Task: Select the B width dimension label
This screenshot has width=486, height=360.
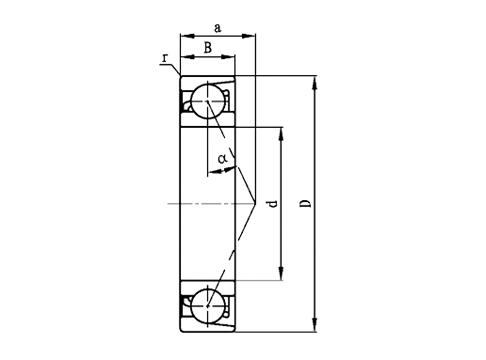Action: pos(207,47)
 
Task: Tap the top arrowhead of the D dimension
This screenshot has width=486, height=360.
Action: pos(316,81)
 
